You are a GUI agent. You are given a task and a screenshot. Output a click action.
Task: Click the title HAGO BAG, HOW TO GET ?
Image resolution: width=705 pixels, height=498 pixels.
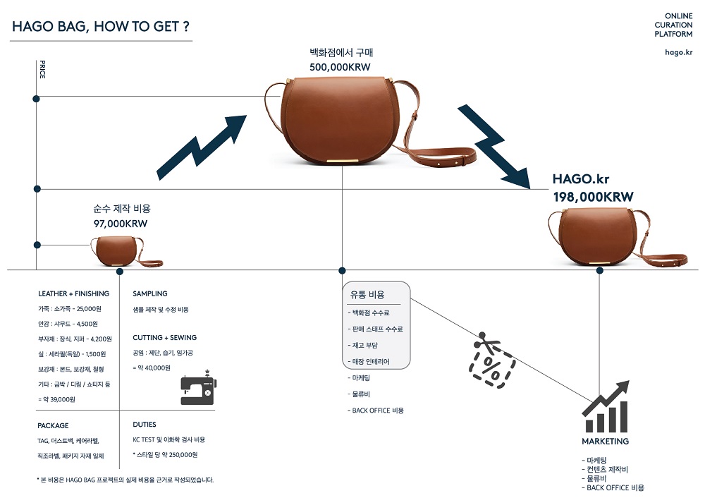101,27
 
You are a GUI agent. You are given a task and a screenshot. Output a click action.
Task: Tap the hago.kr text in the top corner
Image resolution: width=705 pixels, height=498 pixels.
678,51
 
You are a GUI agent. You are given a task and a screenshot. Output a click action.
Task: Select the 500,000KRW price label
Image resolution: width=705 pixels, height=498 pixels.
340,67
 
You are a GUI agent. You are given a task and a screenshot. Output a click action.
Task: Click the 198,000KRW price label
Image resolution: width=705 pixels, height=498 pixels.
593,197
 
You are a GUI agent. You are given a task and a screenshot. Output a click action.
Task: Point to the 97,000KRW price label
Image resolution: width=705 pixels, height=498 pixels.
121,224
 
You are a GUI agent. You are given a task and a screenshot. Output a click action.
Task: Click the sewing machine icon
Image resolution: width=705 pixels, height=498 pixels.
197,388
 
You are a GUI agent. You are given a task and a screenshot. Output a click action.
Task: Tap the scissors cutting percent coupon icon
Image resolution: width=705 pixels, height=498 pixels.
491,360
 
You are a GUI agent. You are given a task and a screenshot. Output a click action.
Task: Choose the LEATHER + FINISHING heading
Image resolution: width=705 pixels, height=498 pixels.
73,293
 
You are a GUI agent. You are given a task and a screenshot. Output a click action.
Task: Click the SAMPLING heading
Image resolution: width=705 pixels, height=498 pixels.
150,293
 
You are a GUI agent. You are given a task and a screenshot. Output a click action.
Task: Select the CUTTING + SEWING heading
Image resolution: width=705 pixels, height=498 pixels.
165,338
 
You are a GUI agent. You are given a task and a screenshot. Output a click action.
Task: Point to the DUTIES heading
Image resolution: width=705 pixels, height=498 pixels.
145,425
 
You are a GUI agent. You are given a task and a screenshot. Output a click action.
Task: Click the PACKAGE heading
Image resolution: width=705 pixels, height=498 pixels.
53,425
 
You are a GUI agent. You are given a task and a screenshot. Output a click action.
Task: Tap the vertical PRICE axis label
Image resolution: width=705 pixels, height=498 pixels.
42,71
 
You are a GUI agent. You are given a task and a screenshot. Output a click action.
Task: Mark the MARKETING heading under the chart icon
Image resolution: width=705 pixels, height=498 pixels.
605,442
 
